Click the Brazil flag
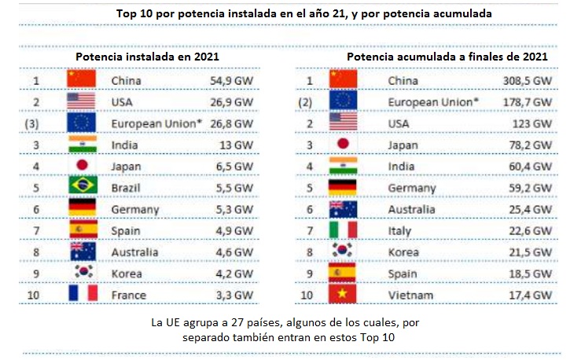click(81, 186)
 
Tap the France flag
click(81, 293)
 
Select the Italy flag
click(343, 230)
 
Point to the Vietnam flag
click(343, 293)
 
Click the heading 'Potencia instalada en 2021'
click(146, 57)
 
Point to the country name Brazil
click(127, 187)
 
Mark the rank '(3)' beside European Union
click(32, 123)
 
